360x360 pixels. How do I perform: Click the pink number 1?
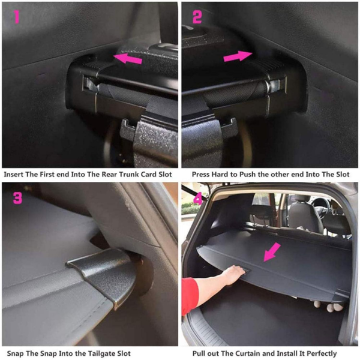[x=17, y=16]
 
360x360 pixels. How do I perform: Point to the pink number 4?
[x=196, y=197]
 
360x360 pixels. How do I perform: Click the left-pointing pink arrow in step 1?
[x=128, y=59]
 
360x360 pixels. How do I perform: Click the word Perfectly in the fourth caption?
[x=334, y=354]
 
